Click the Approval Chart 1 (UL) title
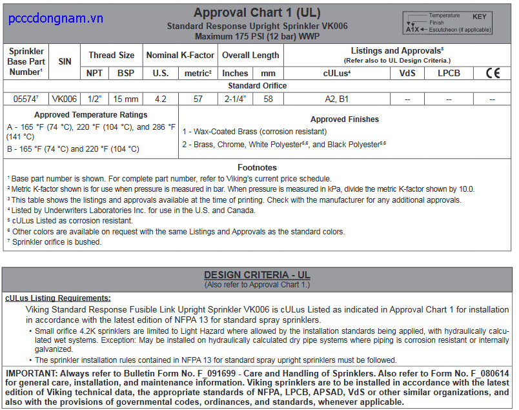point(257,12)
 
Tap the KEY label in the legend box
point(479,16)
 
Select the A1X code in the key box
point(412,30)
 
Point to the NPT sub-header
point(95,73)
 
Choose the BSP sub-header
point(126,73)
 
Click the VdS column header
point(407,73)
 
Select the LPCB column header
point(449,73)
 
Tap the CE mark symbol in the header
point(493,73)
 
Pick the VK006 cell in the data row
point(65,99)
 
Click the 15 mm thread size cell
point(126,99)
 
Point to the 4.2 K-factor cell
point(160,99)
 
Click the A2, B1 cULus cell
point(336,99)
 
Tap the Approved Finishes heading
point(345,119)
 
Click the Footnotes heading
point(257,167)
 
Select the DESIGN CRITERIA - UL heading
point(257,275)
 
